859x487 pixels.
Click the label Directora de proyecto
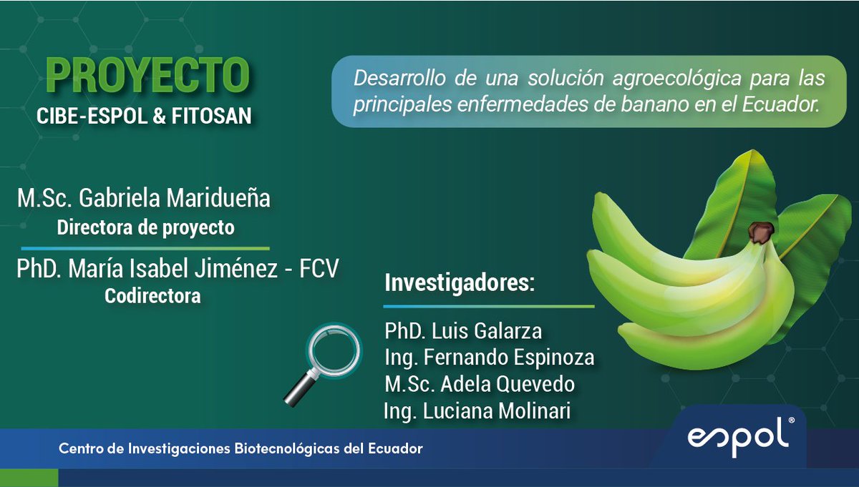(145, 228)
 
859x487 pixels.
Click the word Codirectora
(152, 295)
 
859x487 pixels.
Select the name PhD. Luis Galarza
(463, 331)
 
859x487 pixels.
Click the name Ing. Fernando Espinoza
(490, 357)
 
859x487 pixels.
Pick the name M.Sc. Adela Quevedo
(480, 384)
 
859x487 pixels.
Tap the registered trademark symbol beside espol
(791, 423)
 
